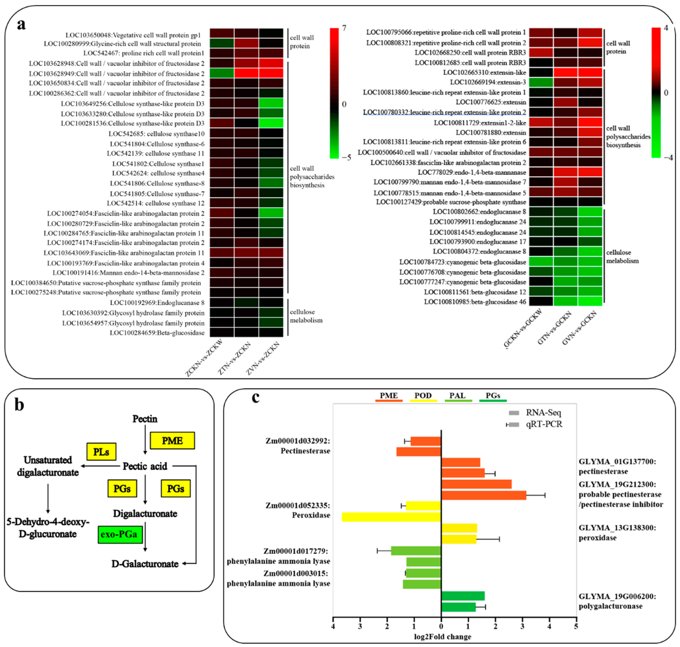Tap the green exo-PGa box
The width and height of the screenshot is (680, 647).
120,534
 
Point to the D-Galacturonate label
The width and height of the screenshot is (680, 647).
145,564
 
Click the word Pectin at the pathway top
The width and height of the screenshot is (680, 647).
145,419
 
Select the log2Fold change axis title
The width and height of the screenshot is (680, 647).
442,636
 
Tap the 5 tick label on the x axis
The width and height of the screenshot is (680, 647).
576,626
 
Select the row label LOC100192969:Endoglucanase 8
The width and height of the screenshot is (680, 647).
157,303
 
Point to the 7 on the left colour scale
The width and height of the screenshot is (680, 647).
344,28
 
